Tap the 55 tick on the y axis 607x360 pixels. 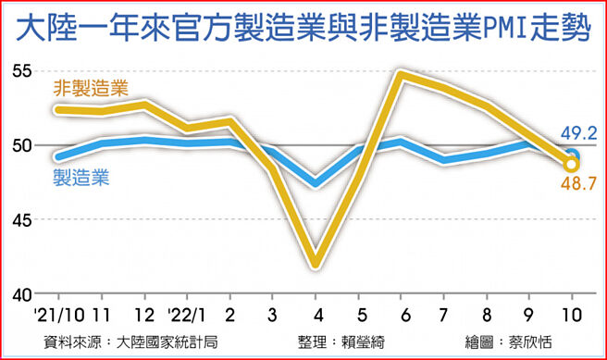(x=21, y=71)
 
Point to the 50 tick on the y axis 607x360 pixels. (x=21, y=146)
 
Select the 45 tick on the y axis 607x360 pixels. (x=21, y=220)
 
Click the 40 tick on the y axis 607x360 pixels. (x=21, y=294)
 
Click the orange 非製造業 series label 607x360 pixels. (x=91, y=90)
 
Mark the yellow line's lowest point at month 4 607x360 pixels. (x=316, y=264)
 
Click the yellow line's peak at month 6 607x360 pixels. (x=400, y=73)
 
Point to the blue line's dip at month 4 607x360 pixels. (x=316, y=182)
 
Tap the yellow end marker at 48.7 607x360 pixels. (x=572, y=165)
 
